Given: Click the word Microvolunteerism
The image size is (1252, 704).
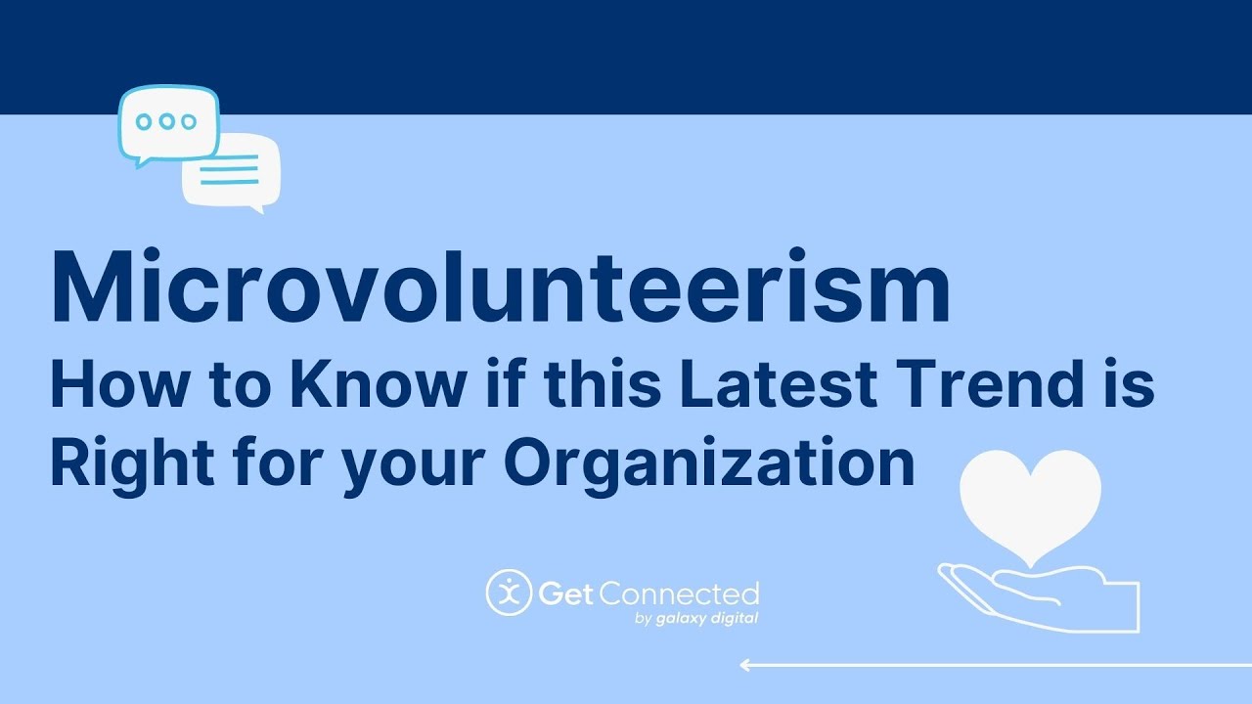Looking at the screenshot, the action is coord(501,286).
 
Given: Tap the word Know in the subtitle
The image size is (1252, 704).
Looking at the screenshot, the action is coord(379,384).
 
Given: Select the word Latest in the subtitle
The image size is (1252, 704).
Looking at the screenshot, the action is coord(778,384).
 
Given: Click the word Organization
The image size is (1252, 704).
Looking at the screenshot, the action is coord(709,464).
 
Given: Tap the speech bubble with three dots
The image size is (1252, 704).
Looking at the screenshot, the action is coord(168,124).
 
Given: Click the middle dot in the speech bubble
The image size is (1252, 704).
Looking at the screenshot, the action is coord(166,121).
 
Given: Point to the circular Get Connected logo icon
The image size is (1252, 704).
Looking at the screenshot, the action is coord(509,593).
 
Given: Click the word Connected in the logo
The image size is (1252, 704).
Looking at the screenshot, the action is coord(680,594).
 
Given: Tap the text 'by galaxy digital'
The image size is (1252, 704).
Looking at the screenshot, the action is coord(696,619).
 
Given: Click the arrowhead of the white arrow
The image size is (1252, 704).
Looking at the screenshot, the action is coord(745,665).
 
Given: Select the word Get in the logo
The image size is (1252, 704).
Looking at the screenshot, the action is coord(565,594).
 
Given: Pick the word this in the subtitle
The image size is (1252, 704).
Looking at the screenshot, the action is coord(602,384).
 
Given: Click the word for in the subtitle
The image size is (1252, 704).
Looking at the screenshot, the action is coord(278,464).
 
